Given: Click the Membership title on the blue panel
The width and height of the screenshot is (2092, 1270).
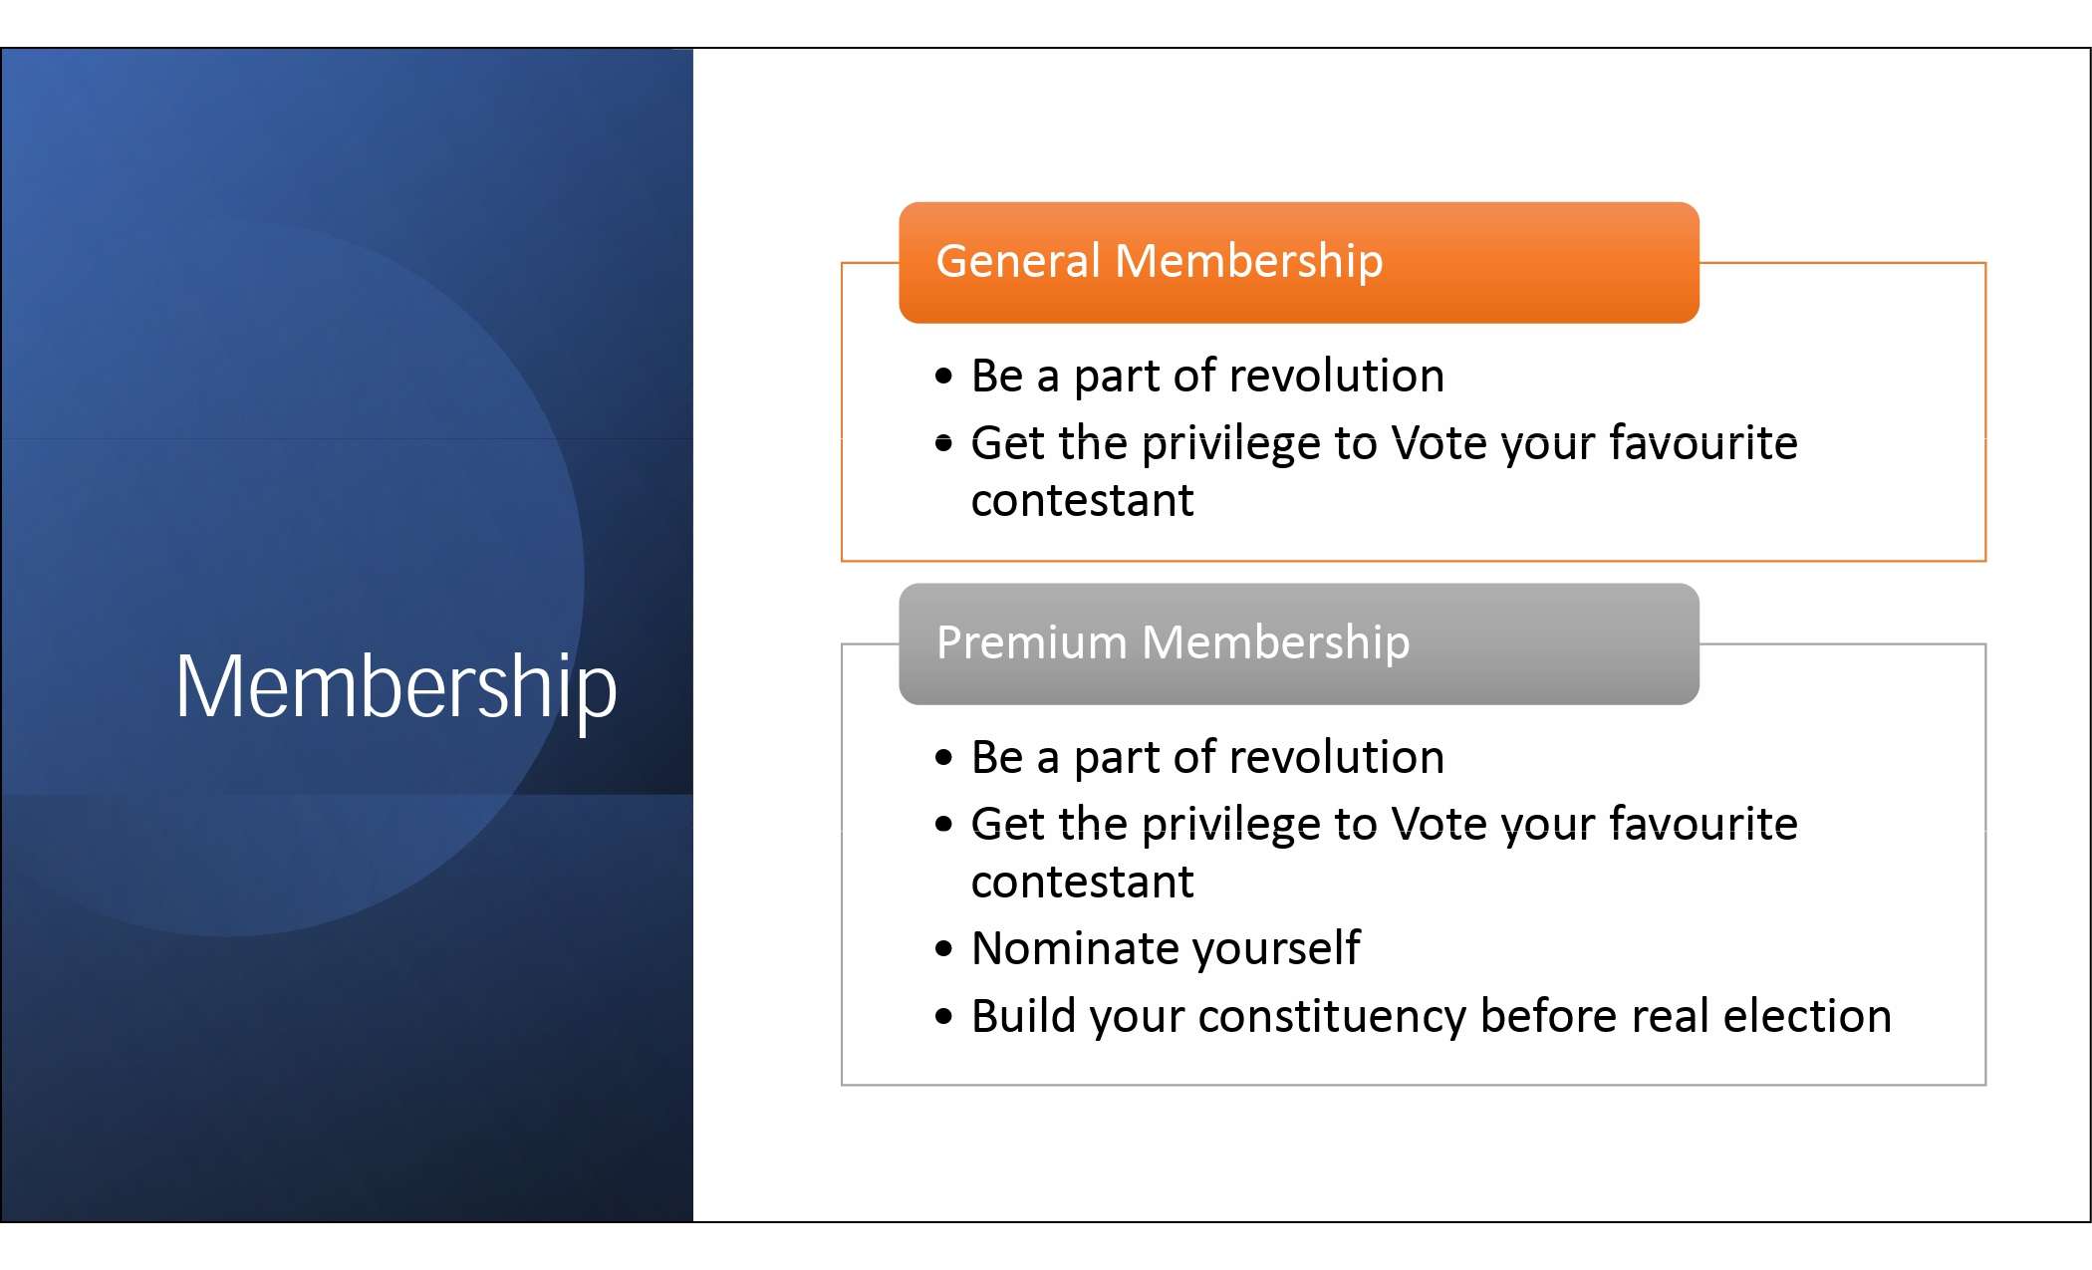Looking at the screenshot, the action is click(396, 687).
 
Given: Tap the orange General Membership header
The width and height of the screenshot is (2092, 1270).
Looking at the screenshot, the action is click(1299, 263).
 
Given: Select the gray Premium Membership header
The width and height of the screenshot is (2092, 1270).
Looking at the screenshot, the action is click(1299, 644).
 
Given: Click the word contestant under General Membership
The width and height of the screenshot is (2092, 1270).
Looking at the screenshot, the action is click(1082, 500).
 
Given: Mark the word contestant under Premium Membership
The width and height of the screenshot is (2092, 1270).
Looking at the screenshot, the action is click(1082, 882).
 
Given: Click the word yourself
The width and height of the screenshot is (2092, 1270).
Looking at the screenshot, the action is click(1276, 948).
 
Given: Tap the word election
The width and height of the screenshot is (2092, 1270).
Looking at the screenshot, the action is click(1807, 1016).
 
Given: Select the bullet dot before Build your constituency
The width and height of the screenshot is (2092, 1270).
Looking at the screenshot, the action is click(944, 1017).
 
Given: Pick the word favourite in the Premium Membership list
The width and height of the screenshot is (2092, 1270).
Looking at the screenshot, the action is click(1703, 824).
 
